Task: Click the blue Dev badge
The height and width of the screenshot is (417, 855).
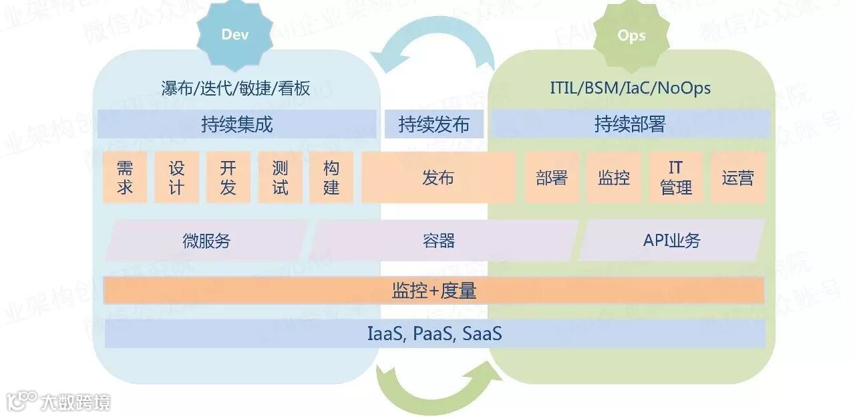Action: (234, 35)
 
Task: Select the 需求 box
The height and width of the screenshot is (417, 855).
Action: (125, 177)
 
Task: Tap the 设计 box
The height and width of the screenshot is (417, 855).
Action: (176, 177)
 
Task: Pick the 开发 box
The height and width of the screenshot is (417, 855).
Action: (228, 177)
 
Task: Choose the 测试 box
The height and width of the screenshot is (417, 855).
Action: (280, 177)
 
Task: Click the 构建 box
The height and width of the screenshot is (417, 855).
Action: (331, 177)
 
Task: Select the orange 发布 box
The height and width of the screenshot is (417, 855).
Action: (438, 177)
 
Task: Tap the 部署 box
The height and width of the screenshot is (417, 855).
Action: (552, 177)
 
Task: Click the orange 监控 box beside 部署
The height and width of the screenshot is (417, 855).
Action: (614, 177)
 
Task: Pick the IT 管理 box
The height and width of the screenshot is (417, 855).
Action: (676, 177)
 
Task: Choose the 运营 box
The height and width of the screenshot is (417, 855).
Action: (737, 177)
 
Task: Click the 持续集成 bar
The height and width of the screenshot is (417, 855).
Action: (237, 124)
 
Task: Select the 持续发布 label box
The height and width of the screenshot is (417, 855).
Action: (434, 124)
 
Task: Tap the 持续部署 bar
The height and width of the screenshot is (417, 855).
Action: (631, 124)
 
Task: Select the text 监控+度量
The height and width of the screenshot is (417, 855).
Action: (434, 291)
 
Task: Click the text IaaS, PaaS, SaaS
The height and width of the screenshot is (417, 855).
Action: (434, 333)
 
